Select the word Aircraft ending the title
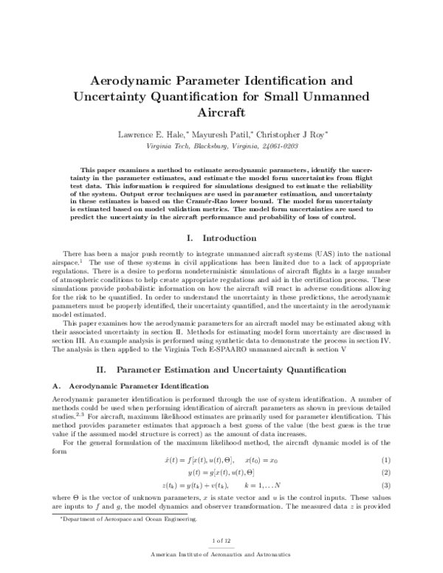click(x=221, y=113)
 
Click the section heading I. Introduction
click(x=221, y=239)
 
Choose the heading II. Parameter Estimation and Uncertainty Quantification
click(x=221, y=368)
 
